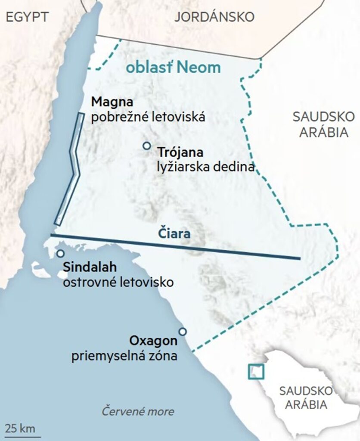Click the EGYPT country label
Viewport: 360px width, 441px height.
click(25, 17)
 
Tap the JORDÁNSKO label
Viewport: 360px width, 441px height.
click(214, 17)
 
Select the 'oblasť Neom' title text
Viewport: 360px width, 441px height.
click(173, 68)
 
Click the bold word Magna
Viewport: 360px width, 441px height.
click(112, 102)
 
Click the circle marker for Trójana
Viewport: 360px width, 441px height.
click(147, 146)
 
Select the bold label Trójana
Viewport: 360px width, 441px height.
click(180, 152)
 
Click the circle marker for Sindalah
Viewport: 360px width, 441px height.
click(61, 254)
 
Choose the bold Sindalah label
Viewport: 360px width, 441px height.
click(90, 268)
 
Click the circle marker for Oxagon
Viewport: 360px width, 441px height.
click(183, 331)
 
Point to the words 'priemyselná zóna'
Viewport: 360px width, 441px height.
click(124, 356)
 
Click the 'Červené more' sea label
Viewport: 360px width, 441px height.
click(138, 411)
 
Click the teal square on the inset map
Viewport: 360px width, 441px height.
click(256, 372)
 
